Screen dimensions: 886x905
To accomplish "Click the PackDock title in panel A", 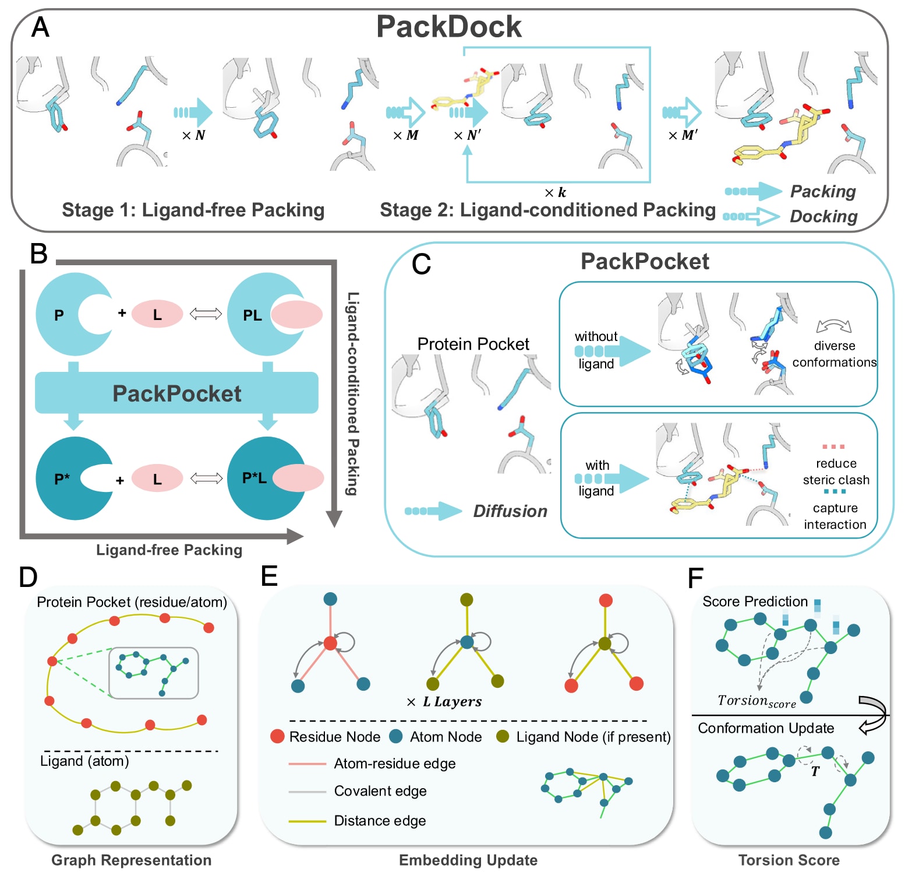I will pos(448,27).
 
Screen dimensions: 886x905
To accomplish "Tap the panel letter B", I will pos(39,254).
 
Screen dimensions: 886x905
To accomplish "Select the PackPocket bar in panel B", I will pos(176,393).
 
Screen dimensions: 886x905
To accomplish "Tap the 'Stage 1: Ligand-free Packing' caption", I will pos(193,210).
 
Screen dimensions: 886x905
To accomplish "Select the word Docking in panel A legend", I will pos(823,216).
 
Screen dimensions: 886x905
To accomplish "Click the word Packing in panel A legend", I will pos(822,191).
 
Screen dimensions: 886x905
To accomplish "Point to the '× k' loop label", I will pos(555,192).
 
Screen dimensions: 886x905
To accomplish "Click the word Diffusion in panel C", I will pos(510,511).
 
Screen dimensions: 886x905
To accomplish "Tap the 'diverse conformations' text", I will pos(834,354).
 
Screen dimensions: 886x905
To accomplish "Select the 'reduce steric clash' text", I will pos(836,472).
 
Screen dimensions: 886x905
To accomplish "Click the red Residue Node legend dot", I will pos(277,736).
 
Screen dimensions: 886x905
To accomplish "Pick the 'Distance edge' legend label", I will pos(380,821).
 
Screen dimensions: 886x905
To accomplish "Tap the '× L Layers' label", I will pos(444,702).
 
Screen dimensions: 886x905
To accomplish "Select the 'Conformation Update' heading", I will pos(766,728).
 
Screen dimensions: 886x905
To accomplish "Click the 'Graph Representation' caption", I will pos(131,860).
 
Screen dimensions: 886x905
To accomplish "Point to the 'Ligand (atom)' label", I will pos(84,761).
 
